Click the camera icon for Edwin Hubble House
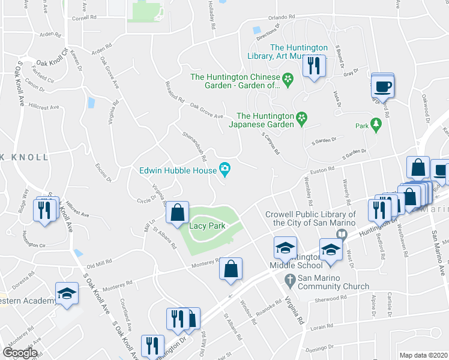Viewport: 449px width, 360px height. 225,170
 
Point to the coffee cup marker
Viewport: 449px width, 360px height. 383,86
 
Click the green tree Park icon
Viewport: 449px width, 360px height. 376,125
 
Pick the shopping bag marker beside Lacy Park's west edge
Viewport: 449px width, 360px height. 178,213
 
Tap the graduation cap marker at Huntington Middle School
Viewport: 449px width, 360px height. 285,248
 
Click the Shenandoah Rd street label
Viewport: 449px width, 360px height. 194,147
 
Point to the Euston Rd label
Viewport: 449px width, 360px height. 322,170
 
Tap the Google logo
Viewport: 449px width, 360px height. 20,353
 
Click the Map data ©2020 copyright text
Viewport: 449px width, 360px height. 424,355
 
